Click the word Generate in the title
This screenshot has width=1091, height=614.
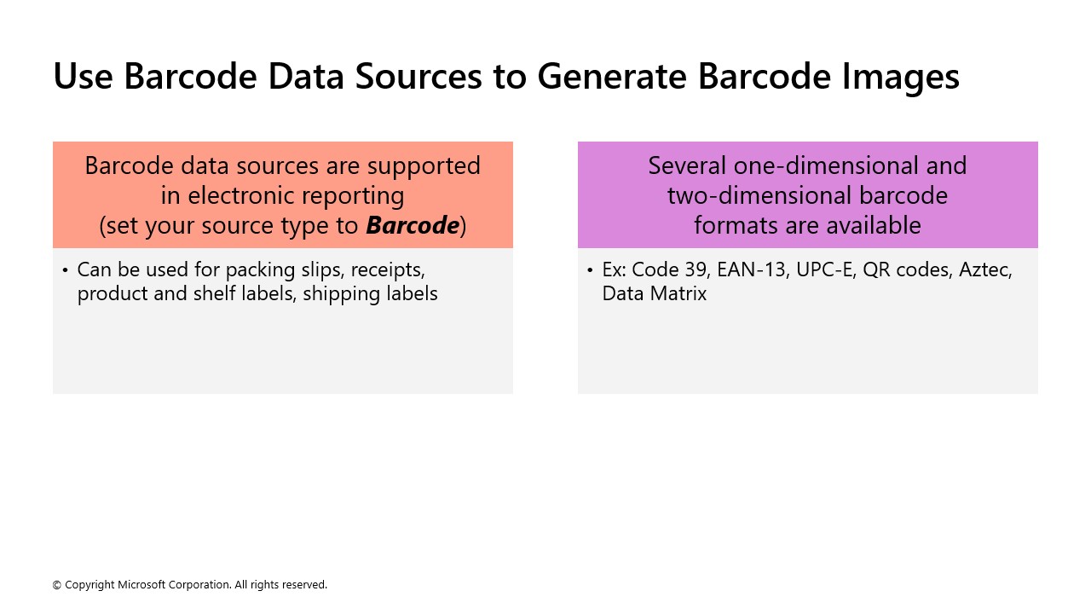pyautogui.click(x=611, y=76)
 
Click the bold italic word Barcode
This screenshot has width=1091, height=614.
pyautogui.click(x=413, y=225)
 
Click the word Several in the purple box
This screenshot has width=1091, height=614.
pyautogui.click(x=686, y=165)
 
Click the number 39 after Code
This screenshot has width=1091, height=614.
pyautogui.click(x=695, y=269)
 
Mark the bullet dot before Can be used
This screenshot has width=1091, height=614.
pyautogui.click(x=65, y=270)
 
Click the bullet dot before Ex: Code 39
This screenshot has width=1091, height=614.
pyautogui.click(x=590, y=270)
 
